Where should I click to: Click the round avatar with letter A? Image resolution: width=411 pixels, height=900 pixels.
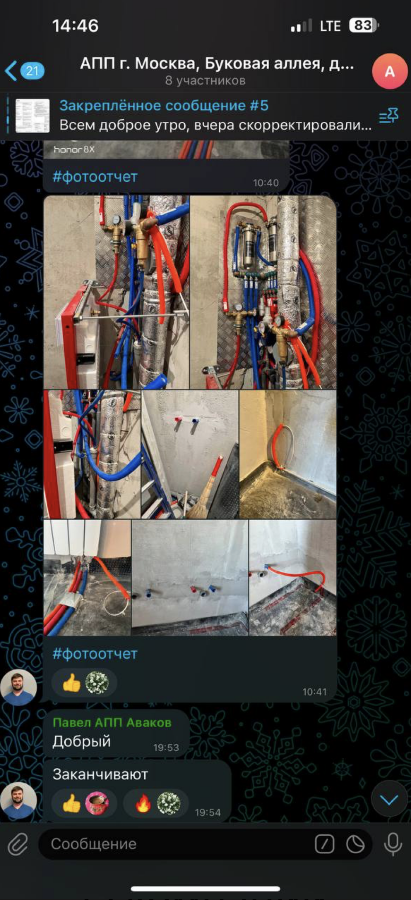click(390, 71)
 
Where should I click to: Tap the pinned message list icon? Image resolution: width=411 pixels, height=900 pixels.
click(389, 116)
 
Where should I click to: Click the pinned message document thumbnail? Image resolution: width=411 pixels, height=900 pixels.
click(32, 116)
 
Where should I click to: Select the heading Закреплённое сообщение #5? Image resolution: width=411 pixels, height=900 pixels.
click(164, 105)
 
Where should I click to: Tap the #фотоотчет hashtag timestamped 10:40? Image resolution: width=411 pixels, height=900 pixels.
click(95, 177)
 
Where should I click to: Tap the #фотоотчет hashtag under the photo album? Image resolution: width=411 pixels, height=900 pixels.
click(95, 654)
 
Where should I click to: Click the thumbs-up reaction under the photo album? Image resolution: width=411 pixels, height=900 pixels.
click(71, 682)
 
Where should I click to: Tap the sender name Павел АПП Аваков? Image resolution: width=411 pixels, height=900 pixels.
click(112, 722)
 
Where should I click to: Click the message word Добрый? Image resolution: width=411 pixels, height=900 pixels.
click(82, 741)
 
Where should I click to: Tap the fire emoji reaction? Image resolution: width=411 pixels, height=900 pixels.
click(143, 803)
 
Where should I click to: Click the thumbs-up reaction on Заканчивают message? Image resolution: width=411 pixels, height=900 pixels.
click(71, 803)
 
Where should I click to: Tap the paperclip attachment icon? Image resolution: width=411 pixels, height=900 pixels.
click(18, 844)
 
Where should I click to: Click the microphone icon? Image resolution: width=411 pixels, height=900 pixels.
click(393, 844)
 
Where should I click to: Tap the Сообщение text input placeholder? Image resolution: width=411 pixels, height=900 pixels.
click(94, 844)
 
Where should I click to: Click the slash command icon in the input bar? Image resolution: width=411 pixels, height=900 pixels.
click(325, 844)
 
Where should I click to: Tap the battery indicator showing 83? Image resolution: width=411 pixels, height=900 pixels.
click(363, 25)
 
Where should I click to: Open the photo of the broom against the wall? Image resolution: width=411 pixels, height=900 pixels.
click(190, 454)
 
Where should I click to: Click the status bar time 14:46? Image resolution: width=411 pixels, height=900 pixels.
click(76, 25)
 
